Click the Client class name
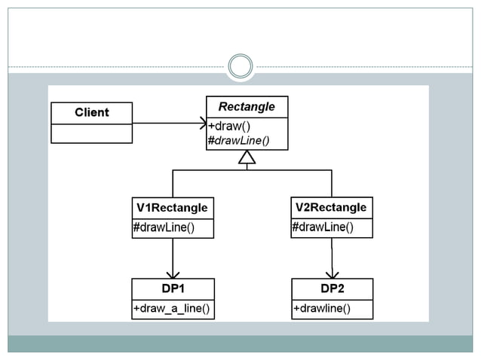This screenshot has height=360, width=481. click(x=91, y=113)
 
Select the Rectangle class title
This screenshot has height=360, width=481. click(x=247, y=107)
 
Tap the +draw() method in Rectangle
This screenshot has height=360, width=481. click(x=229, y=126)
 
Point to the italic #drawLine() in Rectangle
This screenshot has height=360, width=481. click(x=238, y=139)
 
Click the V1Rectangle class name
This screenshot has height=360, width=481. click(x=172, y=207)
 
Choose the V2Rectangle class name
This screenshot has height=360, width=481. click(x=331, y=207)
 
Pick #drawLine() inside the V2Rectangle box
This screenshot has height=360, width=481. click(x=322, y=227)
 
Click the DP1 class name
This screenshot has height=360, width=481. click(x=173, y=288)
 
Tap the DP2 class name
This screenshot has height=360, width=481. click(x=332, y=288)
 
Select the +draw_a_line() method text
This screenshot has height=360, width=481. click(x=171, y=309)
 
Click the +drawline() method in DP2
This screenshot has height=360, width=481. click(x=322, y=309)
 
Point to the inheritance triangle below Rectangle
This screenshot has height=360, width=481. click(x=247, y=157)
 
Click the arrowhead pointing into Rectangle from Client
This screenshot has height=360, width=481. click(x=203, y=123)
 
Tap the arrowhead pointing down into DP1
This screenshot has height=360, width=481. click(x=173, y=274)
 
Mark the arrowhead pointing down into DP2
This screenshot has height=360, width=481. click(x=332, y=274)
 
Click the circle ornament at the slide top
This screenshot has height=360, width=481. click(x=240, y=66)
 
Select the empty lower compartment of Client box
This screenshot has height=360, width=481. click(x=91, y=133)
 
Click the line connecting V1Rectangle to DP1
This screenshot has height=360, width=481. click(x=173, y=255)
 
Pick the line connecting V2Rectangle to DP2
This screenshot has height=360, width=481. click(x=332, y=255)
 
